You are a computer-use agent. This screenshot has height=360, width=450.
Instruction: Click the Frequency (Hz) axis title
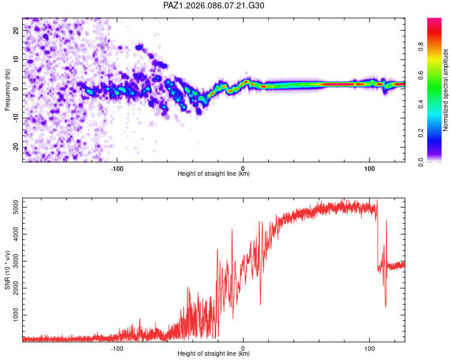pos(7,90)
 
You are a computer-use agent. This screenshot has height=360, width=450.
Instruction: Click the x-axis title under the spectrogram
pos(214,174)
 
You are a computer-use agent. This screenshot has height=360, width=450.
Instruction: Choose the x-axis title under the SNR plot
pos(214,354)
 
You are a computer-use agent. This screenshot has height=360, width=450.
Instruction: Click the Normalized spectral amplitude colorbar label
pos(446,90)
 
